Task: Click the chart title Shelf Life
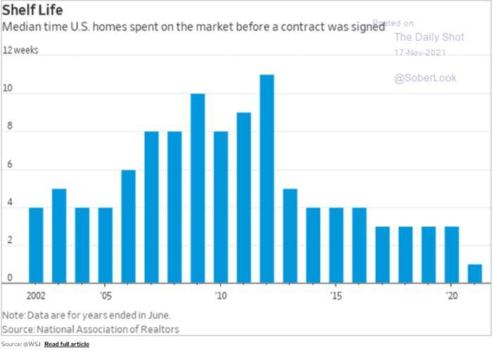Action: tap(32, 11)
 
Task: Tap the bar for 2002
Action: tap(36, 244)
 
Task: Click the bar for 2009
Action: tap(197, 187)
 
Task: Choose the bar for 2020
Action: tap(451, 254)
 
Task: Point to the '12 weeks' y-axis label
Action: tap(21, 51)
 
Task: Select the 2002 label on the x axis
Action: tap(36, 296)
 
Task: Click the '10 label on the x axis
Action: tap(221, 296)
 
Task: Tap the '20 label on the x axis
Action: tap(452, 296)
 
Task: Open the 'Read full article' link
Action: tap(66, 344)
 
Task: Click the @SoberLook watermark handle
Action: tap(425, 78)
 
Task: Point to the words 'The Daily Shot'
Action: tap(428, 37)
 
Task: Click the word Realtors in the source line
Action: tap(160, 329)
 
